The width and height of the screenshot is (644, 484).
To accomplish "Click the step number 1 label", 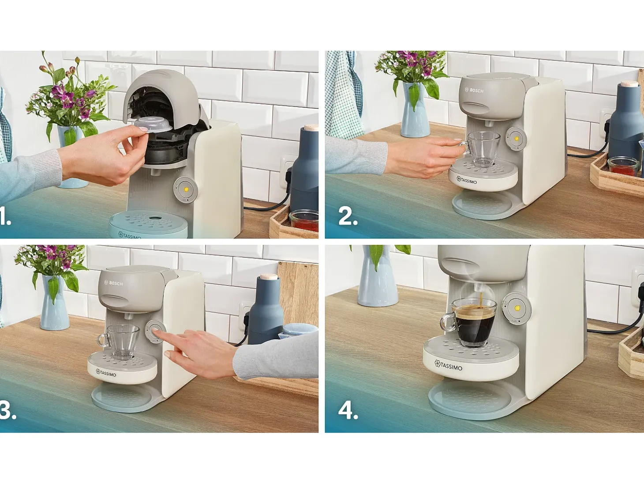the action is [x=5, y=217].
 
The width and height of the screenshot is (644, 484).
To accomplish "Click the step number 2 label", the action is [x=348, y=216].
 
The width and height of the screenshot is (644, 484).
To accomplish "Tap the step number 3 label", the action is [x=8, y=410].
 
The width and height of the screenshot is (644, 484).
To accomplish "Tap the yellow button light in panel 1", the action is [x=186, y=189].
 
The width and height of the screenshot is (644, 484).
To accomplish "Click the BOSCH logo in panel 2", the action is [x=474, y=90].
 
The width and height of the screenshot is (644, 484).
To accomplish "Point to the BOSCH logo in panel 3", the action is [x=113, y=283].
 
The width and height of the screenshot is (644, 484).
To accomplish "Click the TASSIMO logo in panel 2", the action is [x=467, y=180].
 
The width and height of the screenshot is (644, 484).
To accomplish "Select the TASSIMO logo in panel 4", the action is [x=448, y=366].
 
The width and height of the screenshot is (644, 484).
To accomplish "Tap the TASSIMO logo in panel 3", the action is [x=106, y=373].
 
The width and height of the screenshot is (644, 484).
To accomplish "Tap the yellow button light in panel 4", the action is [x=517, y=308].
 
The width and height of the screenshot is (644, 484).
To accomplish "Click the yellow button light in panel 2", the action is [x=517, y=138].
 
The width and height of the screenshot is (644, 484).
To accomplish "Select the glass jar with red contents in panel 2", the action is [x=623, y=166].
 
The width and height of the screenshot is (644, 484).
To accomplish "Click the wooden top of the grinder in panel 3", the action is [x=269, y=276].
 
